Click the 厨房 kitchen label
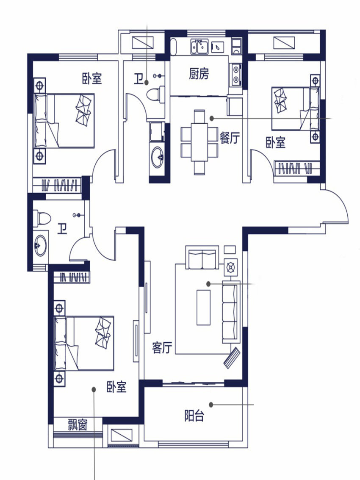coord(199,74)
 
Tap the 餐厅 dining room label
coord(230,138)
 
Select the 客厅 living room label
coord(162,348)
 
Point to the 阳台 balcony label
coord(194,416)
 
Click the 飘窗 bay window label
coord(78,425)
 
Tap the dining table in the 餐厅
coord(199,142)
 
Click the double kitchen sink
coord(199,47)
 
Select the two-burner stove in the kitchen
coord(235,75)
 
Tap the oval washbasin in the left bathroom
coord(40,246)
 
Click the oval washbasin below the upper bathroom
coord(158,157)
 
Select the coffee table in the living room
coord(203,307)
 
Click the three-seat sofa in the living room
coord(231,312)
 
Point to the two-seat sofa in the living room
coord(202,258)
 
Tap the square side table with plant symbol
coord(230,268)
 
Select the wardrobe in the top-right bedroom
coord(297,168)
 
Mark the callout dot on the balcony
coord(211,405)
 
